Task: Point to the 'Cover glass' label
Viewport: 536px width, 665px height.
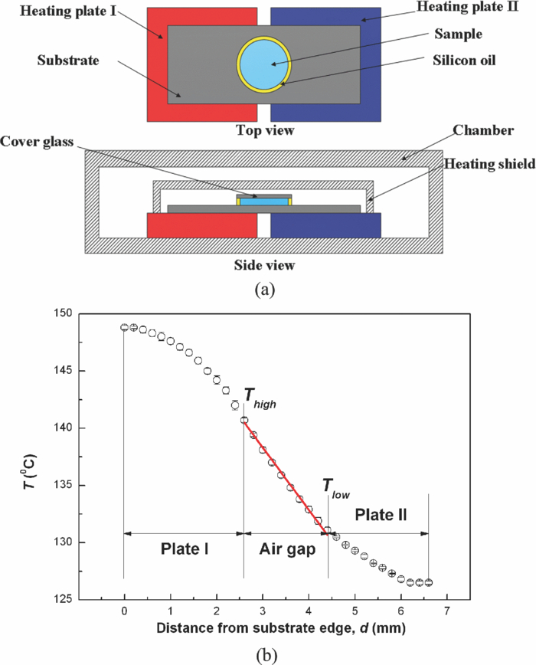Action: pyautogui.click(x=44, y=142)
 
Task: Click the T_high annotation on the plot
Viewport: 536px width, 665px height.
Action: pyautogui.click(x=258, y=396)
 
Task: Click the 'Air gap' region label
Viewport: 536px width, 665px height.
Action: pyautogui.click(x=286, y=549)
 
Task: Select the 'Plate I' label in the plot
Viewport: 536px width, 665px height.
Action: pyautogui.click(x=185, y=549)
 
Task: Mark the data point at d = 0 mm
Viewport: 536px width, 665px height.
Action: pyautogui.click(x=124, y=327)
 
